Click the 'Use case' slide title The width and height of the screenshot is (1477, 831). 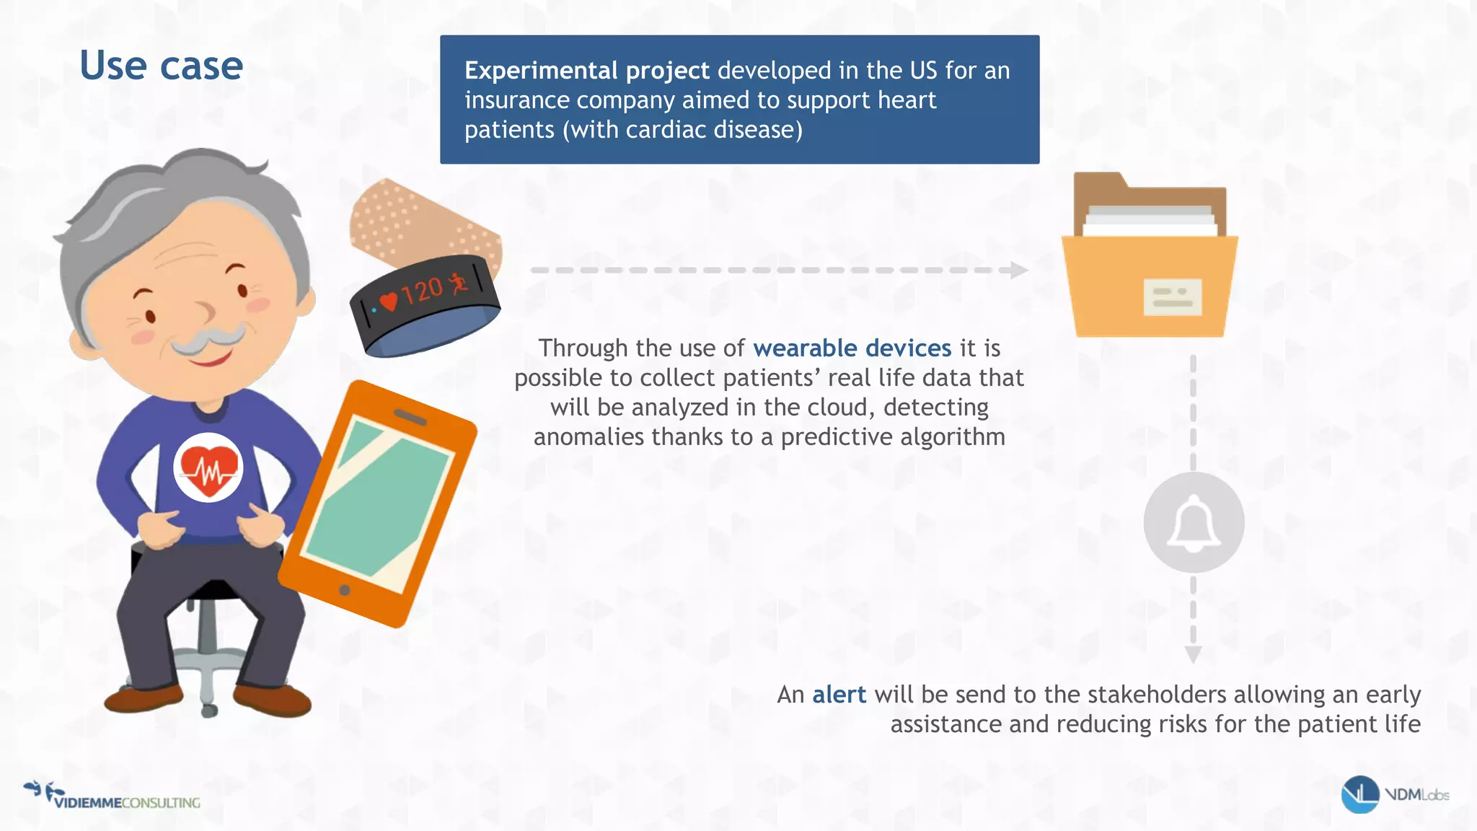click(161, 66)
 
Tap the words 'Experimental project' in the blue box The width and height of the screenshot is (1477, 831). click(586, 71)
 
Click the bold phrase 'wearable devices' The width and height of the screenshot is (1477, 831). click(852, 348)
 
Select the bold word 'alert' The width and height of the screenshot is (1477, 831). click(839, 695)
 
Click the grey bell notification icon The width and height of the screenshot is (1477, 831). click(1194, 523)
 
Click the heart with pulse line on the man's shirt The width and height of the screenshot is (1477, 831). click(208, 469)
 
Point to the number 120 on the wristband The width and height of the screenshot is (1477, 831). click(422, 291)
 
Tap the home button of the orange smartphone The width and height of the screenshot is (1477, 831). click(345, 590)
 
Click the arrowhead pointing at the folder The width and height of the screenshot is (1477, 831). click(1018, 271)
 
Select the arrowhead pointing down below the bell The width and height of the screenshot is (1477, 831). click(1194, 654)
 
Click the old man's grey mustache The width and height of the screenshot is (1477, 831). click(209, 339)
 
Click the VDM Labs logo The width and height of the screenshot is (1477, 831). click(1395, 795)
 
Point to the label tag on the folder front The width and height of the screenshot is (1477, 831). click(1173, 297)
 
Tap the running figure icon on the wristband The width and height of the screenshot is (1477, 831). click(458, 283)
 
